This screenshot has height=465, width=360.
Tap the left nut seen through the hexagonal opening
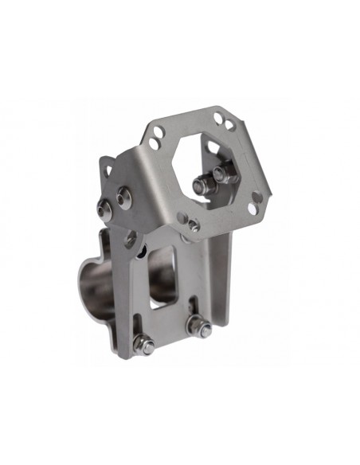tap(195, 186)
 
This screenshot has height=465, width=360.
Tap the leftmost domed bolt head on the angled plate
tap(104, 210)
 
